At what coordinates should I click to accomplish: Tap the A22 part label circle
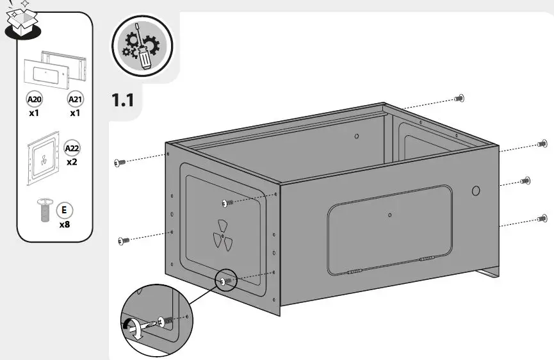tap(72, 149)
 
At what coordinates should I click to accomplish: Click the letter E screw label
tap(64, 209)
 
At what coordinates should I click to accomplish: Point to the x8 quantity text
tap(65, 225)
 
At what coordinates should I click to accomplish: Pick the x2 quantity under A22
tap(72, 163)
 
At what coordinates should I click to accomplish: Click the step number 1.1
tap(122, 101)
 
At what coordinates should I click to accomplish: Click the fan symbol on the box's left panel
tap(221, 234)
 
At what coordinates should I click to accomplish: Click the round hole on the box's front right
tap(476, 190)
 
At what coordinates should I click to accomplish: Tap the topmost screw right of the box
tap(459, 97)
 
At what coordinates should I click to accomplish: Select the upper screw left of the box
tap(120, 163)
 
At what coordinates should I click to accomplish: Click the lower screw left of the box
tap(124, 240)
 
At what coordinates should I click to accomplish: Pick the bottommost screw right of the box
tap(542, 218)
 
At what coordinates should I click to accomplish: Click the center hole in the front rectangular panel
tap(390, 215)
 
